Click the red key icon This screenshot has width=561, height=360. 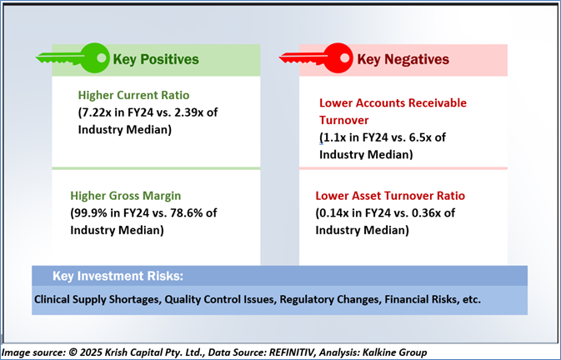click(x=317, y=57)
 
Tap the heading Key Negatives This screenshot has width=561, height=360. click(x=403, y=59)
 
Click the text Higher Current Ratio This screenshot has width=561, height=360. click(x=133, y=95)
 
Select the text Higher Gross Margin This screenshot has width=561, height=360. click(x=126, y=196)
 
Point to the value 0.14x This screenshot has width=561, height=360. click(x=338, y=213)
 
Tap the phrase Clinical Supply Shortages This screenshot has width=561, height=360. click(x=96, y=299)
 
